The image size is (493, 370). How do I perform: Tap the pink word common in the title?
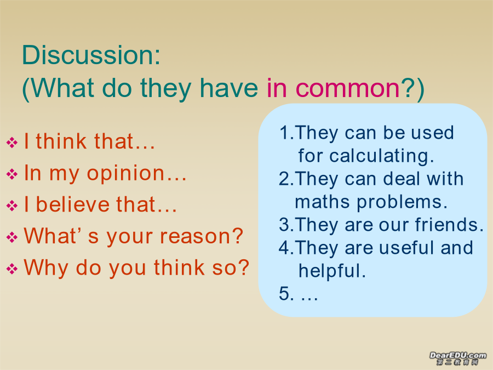tap(347, 88)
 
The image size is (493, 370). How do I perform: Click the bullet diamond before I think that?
tap(12, 142)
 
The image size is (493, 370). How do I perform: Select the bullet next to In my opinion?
tap(12, 174)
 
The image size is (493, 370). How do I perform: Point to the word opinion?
tap(125, 174)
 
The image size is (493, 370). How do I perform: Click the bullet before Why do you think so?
tap(12, 269)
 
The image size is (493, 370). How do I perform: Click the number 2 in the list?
tap(284, 179)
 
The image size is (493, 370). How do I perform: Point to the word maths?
tap(322, 202)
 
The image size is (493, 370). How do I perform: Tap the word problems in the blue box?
tap(398, 203)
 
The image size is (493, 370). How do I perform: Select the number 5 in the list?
tap(284, 294)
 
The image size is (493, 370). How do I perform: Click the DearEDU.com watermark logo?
tap(457, 358)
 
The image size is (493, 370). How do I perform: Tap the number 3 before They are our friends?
tap(284, 225)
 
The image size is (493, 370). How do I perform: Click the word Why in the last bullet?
tap(46, 269)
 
